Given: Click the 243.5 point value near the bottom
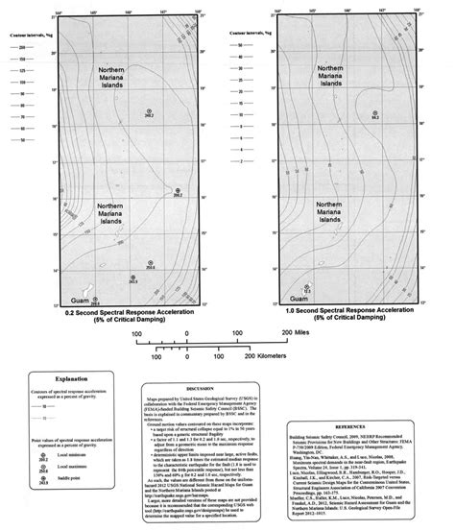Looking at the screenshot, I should coord(132,282).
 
